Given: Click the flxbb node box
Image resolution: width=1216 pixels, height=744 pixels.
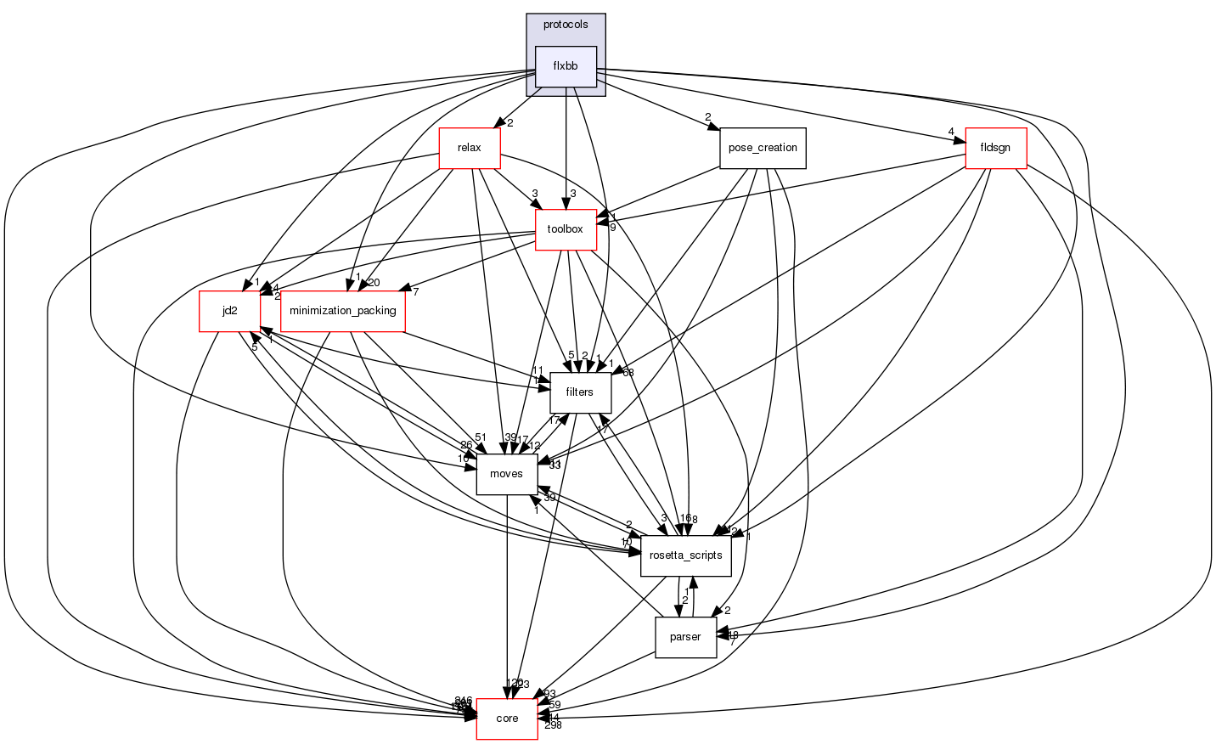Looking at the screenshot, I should [566, 66].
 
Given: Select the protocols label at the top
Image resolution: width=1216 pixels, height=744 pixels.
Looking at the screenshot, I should [566, 25].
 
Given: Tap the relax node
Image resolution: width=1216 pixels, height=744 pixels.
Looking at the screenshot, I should [469, 148].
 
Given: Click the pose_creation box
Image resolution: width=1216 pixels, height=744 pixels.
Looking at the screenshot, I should [763, 148].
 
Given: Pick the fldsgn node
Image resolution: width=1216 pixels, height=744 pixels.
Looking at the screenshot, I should [995, 148].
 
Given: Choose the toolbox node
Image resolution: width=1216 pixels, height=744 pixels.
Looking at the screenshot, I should [565, 229].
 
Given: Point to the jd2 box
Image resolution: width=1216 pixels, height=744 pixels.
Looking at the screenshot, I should [229, 311].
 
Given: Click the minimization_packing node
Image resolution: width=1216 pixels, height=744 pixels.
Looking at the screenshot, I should [342, 311].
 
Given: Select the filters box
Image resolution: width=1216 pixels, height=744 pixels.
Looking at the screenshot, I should [579, 392].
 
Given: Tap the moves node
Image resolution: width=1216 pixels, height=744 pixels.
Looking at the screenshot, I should [506, 474].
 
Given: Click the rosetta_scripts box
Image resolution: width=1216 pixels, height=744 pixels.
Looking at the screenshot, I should [686, 555].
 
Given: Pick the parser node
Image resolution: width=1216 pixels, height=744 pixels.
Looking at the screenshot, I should [685, 637].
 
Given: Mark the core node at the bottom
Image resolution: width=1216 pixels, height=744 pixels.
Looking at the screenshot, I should [507, 719].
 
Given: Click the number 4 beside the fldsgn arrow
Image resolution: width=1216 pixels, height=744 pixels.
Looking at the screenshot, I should [951, 132].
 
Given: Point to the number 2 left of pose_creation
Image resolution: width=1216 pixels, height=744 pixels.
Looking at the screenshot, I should [707, 117].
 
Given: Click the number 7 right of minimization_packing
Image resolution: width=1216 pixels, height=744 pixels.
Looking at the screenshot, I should [416, 292].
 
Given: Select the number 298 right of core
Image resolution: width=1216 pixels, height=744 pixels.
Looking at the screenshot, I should [553, 724].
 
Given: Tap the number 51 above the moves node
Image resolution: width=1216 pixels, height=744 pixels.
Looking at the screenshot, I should [481, 437].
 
